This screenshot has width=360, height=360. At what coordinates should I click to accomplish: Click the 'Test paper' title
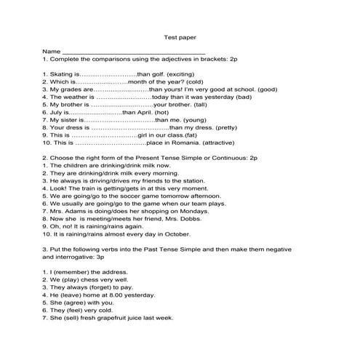pyautogui.click(x=180, y=36)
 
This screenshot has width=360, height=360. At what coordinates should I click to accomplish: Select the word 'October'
pyautogui.click(x=177, y=233)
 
